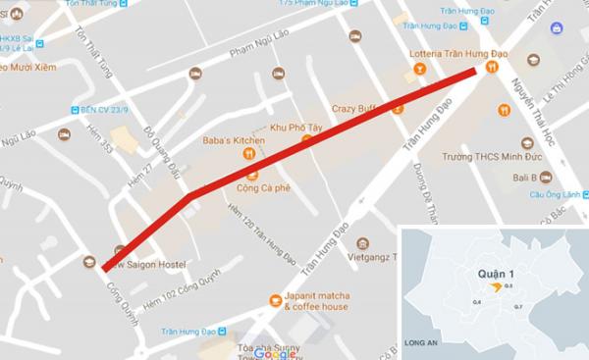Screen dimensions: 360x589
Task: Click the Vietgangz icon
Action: (363, 243)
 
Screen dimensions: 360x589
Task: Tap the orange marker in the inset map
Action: (497, 286)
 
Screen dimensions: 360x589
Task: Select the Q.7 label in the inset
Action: (518, 307)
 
